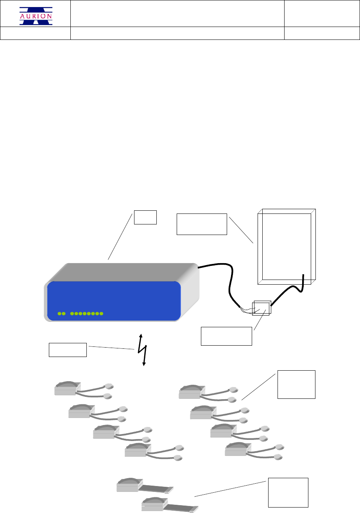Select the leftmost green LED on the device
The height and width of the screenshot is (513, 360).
(59, 314)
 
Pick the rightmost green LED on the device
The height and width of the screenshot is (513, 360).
(101, 314)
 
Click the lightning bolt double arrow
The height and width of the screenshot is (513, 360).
(143, 350)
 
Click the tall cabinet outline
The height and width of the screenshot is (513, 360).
(287, 246)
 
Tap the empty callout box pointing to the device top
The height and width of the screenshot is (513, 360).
(145, 217)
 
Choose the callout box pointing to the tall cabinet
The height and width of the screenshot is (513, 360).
(202, 224)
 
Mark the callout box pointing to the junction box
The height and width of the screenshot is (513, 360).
(226, 336)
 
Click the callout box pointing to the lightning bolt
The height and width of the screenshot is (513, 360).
(67, 350)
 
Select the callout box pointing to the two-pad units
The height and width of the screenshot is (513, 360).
(296, 384)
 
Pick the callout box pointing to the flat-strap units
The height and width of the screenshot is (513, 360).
(288, 492)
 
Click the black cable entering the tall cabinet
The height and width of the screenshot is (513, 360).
(291, 289)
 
